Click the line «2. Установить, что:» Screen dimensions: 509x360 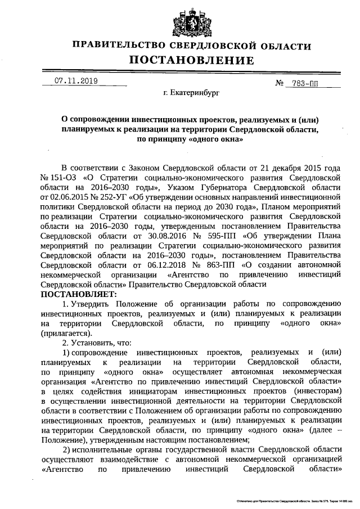tap(96, 342)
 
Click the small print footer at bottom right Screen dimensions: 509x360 tap(292, 499)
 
